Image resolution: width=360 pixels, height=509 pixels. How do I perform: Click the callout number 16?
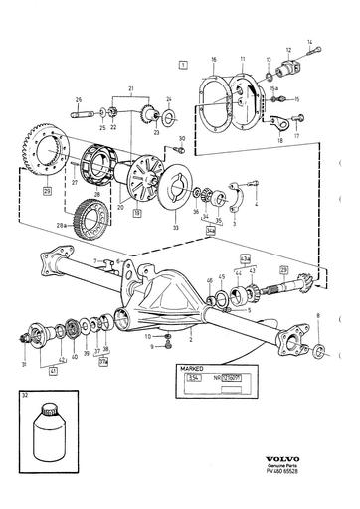(x=213, y=60)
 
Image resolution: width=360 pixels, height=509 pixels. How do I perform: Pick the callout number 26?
(x=78, y=100)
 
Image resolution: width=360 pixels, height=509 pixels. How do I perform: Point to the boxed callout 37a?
(x=103, y=362)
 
